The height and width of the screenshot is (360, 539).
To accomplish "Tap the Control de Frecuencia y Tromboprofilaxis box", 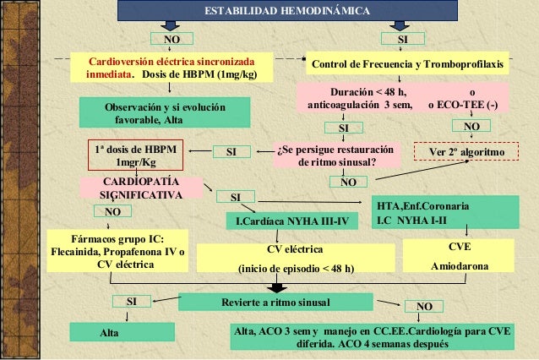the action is (x=407, y=65).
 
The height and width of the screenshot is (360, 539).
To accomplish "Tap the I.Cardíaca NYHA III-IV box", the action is (x=291, y=221).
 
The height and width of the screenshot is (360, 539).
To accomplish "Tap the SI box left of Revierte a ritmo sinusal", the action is (x=131, y=301).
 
